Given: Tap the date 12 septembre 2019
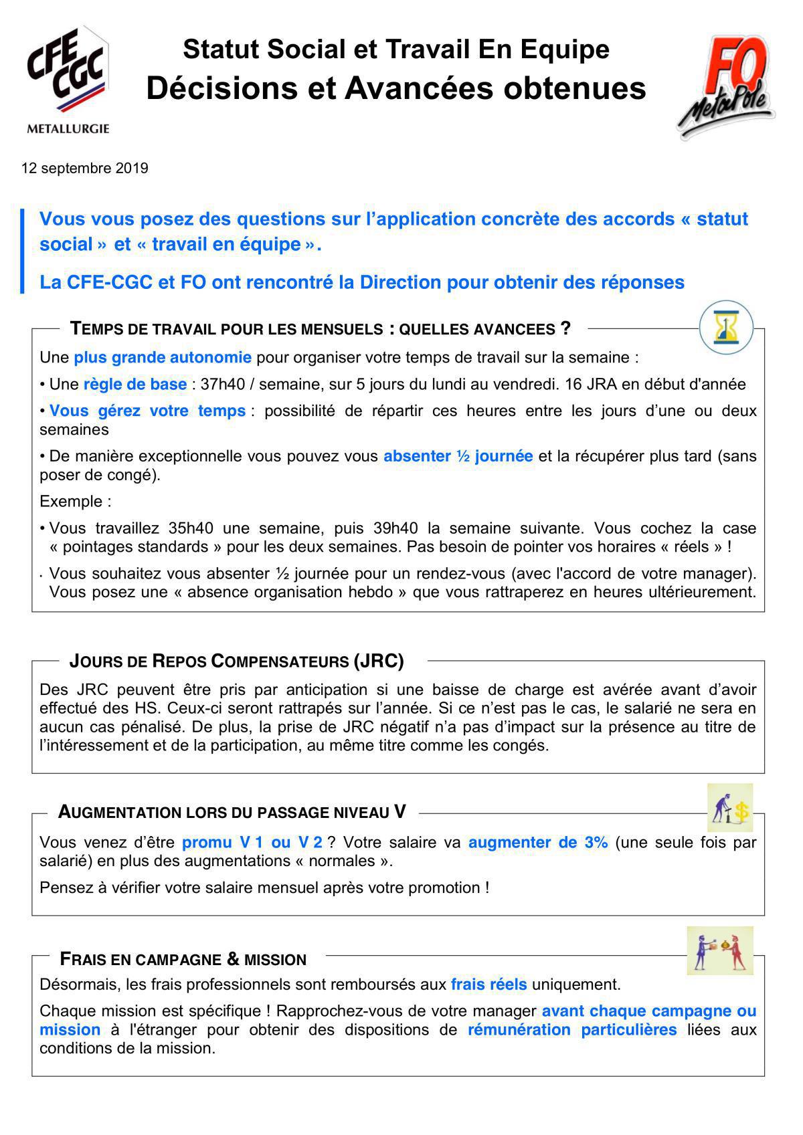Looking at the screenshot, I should click(85, 168).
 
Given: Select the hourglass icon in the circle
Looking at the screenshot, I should click(725, 328).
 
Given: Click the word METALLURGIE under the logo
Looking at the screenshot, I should click(68, 129).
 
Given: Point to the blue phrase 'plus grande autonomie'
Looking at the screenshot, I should click(163, 357).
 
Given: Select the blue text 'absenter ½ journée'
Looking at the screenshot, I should click(458, 456).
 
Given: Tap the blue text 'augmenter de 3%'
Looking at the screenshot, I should click(537, 843).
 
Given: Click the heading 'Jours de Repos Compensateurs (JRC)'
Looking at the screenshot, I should click(237, 661).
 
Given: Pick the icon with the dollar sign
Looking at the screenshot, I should click(730, 808).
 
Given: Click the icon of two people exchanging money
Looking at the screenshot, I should click(720, 950).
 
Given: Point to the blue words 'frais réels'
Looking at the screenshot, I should click(488, 985).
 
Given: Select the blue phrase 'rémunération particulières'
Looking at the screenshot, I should click(572, 1029).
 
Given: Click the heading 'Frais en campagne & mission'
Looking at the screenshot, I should click(183, 959).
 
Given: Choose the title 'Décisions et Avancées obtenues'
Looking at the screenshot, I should click(396, 89).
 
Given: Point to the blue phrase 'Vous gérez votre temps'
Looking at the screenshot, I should click(147, 411).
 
